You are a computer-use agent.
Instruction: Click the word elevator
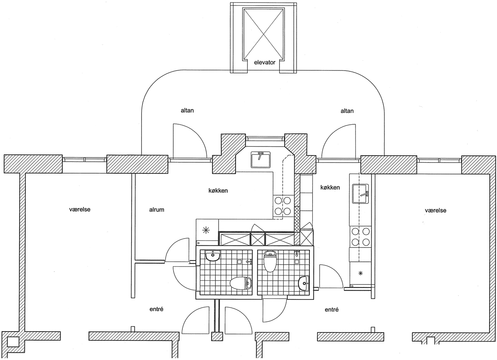pos(265,63)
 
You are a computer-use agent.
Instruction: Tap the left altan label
pos(187,110)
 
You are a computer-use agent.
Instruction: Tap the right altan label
pos(347,111)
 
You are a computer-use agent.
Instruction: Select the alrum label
pos(157,210)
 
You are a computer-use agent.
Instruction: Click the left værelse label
pos(80,209)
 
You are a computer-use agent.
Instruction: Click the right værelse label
pos(436,210)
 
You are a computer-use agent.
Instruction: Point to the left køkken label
pos(218,190)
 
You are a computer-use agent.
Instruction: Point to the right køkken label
pos(330,187)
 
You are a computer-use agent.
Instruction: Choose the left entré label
pos(156,309)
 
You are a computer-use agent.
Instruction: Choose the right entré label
pos(331,309)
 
